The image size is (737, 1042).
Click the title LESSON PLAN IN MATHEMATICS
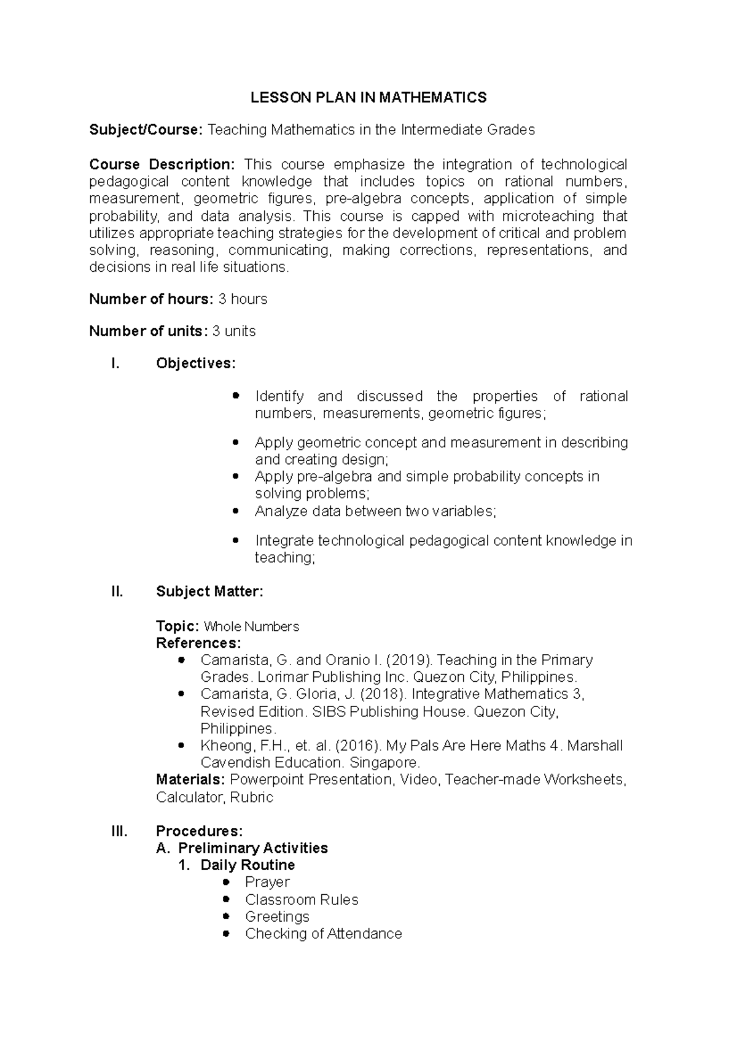pos(368,98)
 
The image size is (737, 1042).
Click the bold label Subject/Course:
pos(145,129)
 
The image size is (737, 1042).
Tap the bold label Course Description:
pos(162,164)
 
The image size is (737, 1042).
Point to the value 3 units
pos(233,331)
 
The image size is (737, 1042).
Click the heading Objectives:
pos(195,363)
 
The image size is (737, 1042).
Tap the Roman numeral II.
pos(117,592)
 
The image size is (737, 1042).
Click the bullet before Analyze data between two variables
pos(236,511)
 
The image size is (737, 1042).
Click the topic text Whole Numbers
pos(251,627)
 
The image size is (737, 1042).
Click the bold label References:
pos(198,643)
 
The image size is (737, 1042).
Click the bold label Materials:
pos(190,780)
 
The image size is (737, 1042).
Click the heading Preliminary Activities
pos(252,848)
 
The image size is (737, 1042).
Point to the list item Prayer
pos(267,882)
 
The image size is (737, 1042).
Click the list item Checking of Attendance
pos(323,934)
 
